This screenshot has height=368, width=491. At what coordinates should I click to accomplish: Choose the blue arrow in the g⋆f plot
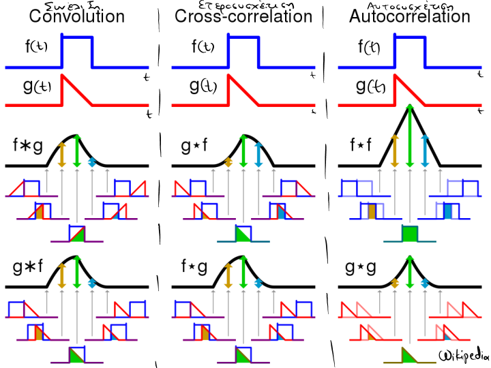tap(258, 154)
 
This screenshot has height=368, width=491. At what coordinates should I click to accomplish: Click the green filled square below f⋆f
tap(409, 234)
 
